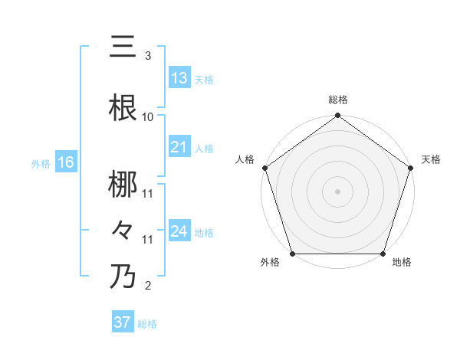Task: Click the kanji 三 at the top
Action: point(123,47)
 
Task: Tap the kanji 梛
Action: point(123,184)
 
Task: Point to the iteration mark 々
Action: point(123,229)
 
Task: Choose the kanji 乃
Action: point(123,276)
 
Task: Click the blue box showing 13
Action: point(179,78)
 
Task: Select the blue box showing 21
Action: point(179,147)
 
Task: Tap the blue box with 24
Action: point(179,231)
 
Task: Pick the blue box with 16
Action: point(65,162)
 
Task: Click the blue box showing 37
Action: point(123,322)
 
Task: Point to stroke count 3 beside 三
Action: point(148,56)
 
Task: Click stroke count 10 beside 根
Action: point(148,117)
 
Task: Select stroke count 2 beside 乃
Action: point(148,286)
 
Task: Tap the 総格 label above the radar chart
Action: point(337,100)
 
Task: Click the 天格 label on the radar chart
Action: point(431,159)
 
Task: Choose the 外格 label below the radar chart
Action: point(270,263)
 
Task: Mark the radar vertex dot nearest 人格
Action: point(264,168)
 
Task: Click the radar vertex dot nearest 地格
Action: point(383,254)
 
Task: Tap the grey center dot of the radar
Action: point(337,191)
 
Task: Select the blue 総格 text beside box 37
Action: point(148,324)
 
